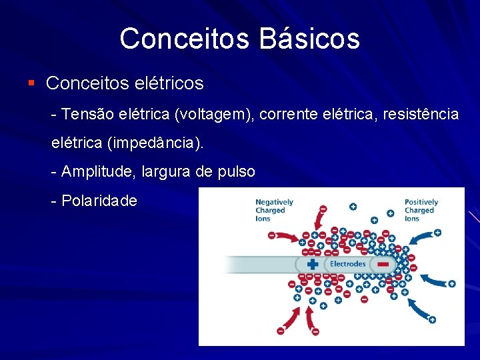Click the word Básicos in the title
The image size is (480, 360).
coord(310,39)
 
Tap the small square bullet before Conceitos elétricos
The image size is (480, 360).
coord(31,83)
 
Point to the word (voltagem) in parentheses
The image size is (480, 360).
coord(215,114)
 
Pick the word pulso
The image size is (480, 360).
coord(236,171)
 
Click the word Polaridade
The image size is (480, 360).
coord(99,200)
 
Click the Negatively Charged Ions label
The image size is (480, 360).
coord(274,210)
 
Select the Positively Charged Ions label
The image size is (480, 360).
coord(421,210)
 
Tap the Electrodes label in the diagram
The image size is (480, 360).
coord(348,264)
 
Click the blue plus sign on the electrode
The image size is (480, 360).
coord(313,265)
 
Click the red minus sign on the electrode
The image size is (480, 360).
coord(383,265)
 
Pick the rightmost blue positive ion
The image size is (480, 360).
coord(451,283)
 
